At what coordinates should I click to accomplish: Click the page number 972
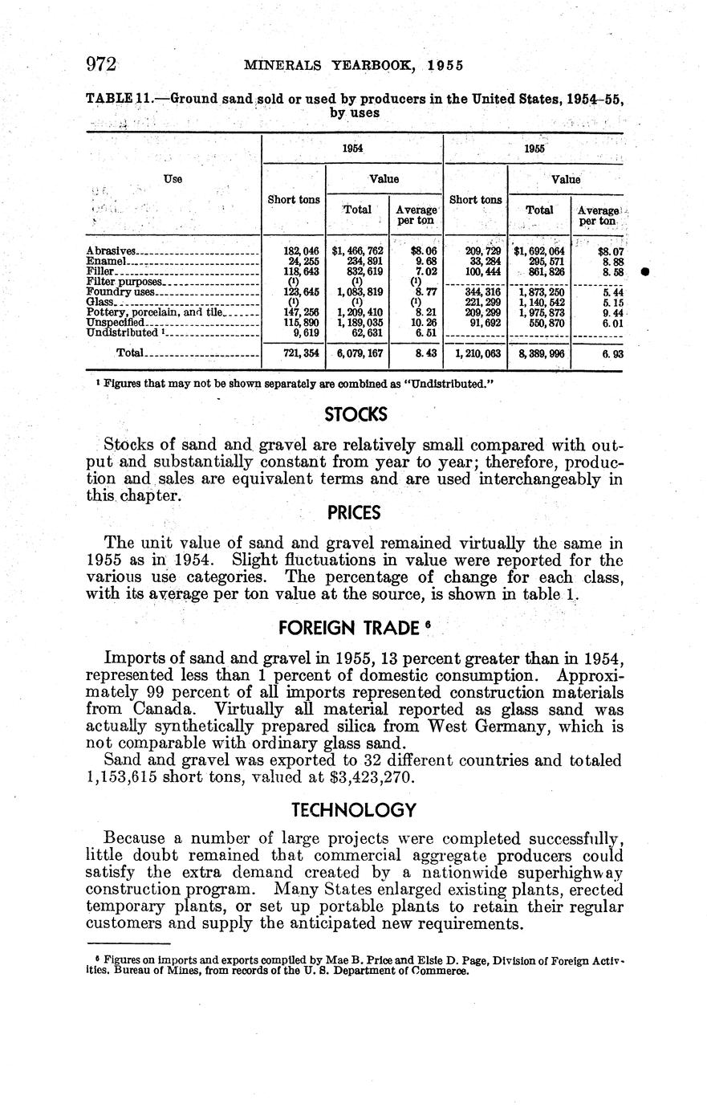point(102,64)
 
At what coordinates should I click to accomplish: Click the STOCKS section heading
point(356,414)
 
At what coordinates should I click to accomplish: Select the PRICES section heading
point(354,511)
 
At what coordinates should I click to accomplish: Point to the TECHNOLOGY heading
point(354,809)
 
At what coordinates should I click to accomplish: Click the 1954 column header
point(351,149)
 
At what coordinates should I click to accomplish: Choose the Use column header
point(173,179)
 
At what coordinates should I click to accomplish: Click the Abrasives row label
point(112,251)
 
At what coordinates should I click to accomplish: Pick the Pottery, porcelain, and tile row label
point(153,312)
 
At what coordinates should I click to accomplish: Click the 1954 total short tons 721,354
point(297,353)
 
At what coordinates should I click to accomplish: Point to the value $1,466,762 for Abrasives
point(357,251)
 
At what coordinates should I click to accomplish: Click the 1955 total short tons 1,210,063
point(475,353)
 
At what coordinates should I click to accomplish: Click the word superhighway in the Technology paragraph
point(573,873)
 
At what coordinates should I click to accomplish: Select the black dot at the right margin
point(645,273)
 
